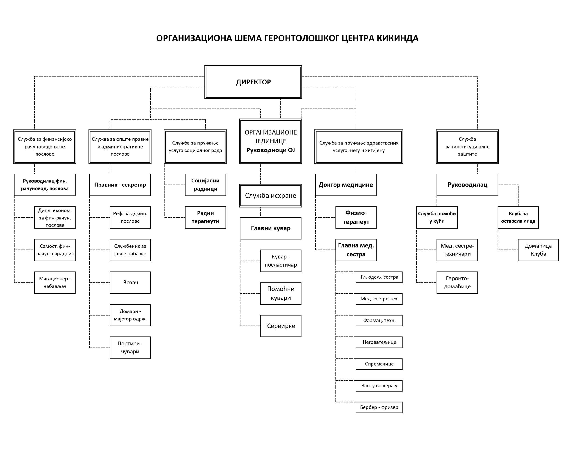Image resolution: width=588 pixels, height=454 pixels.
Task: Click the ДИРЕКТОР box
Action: (x=253, y=82)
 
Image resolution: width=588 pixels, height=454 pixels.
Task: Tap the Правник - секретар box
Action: (x=120, y=185)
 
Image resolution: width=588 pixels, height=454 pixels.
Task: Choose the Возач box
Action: (x=130, y=283)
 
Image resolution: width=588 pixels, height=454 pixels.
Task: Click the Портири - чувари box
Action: (x=130, y=348)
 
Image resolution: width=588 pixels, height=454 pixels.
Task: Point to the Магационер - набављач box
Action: (x=55, y=283)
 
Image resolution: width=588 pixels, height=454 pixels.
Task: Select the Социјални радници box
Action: (x=205, y=185)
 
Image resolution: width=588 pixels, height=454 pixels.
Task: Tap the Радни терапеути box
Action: (x=205, y=217)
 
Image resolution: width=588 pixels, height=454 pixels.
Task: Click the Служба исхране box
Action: (x=271, y=196)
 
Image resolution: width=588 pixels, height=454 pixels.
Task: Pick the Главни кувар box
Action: (x=271, y=228)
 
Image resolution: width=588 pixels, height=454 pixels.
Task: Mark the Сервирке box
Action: (x=281, y=326)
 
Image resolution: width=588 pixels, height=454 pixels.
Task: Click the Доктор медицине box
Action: (x=346, y=185)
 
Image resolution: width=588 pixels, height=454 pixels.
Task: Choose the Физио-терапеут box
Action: (x=356, y=217)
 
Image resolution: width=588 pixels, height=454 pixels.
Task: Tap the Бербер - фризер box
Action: (x=379, y=407)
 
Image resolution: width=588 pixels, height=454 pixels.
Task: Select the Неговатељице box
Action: (x=379, y=342)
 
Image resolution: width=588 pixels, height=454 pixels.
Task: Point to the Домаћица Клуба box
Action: (x=538, y=250)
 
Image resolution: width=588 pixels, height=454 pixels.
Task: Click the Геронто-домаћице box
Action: (x=457, y=283)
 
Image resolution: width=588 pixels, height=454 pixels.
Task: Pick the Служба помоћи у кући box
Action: (x=437, y=217)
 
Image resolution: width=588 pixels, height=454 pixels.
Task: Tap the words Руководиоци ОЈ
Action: (x=271, y=150)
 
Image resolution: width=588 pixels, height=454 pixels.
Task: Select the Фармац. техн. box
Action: (x=379, y=320)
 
